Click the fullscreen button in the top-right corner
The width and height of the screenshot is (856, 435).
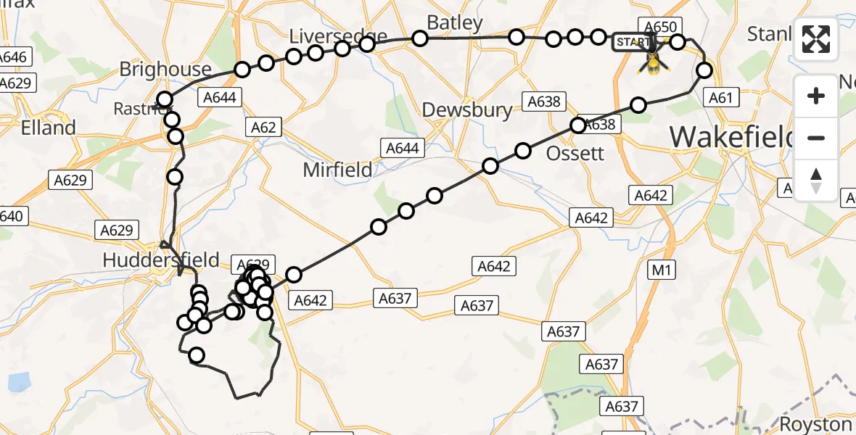pyautogui.click(x=816, y=39)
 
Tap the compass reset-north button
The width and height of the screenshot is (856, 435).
pyautogui.click(x=816, y=181)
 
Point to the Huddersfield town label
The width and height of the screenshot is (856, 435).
pyautogui.click(x=161, y=260)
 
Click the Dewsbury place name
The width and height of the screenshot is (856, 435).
pyautogui.click(x=466, y=110)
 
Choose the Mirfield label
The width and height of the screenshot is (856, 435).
pyautogui.click(x=337, y=170)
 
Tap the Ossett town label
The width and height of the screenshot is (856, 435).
pyautogui.click(x=575, y=153)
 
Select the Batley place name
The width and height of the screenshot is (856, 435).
pyautogui.click(x=455, y=23)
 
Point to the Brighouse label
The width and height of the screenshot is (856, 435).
pyautogui.click(x=165, y=70)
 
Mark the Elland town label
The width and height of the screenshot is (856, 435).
pyautogui.click(x=49, y=128)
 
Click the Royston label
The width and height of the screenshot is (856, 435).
pyautogui.click(x=815, y=424)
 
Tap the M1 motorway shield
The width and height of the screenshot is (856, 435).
pyautogui.click(x=661, y=270)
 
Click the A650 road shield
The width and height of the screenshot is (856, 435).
pyautogui.click(x=657, y=27)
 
